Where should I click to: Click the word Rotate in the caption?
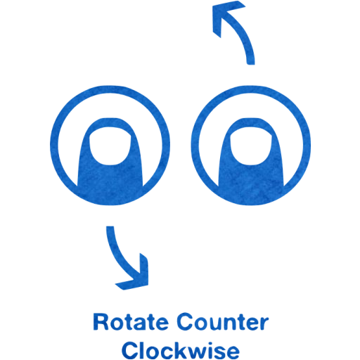[131, 322]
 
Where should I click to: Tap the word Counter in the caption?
[223, 322]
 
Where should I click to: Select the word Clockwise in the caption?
[181, 350]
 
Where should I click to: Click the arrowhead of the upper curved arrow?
[226, 16]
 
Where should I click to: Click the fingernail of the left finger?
[110, 146]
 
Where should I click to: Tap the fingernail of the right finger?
[251, 146]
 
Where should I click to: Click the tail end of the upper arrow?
[251, 64]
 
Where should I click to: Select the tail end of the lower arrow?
[110, 226]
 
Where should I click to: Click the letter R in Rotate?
[101, 322]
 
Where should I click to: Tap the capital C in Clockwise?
[130, 350]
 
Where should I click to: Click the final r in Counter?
[264, 323]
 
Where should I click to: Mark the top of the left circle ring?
[110, 89]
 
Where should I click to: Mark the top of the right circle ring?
[251, 89]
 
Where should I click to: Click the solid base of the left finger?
[110, 185]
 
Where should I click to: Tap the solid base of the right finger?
[251, 185]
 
